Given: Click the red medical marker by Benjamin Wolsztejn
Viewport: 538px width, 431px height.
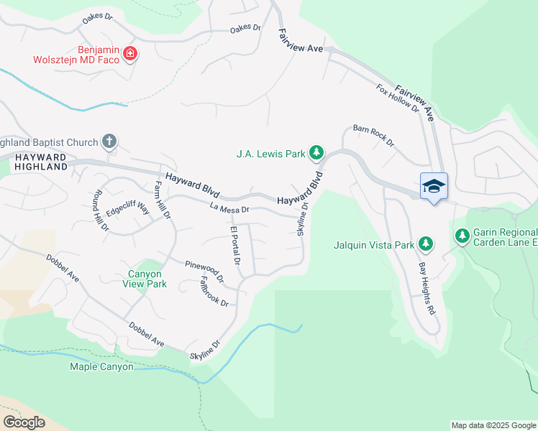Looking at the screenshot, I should tap(130, 54).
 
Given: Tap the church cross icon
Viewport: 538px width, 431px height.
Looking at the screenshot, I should tap(109, 141).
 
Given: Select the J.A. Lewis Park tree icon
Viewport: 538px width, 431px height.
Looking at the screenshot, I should tap(316, 152).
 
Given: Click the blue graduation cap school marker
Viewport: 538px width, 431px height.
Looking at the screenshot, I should tap(434, 186).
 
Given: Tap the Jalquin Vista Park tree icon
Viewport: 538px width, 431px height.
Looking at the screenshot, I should tap(426, 244).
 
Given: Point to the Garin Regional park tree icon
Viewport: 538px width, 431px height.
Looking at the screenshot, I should tap(462, 236).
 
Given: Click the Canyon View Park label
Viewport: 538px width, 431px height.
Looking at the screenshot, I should tap(147, 279).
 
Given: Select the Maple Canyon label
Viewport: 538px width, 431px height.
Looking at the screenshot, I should tap(101, 366).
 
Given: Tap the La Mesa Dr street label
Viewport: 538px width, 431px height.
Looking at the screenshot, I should tap(229, 209).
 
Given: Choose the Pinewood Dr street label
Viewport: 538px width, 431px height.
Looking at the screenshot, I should tap(205, 270).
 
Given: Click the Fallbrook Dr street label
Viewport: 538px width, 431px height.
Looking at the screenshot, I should tap(214, 291).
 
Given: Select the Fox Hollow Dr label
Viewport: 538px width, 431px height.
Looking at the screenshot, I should tap(398, 98).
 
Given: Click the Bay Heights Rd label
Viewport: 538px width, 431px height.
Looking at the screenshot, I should tap(427, 289).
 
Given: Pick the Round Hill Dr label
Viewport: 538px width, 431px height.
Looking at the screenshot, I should tap(97, 210).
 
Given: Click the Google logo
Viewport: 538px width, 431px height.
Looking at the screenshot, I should tap(24, 422).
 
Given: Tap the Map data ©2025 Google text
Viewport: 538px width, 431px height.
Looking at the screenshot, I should tap(493, 425).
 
